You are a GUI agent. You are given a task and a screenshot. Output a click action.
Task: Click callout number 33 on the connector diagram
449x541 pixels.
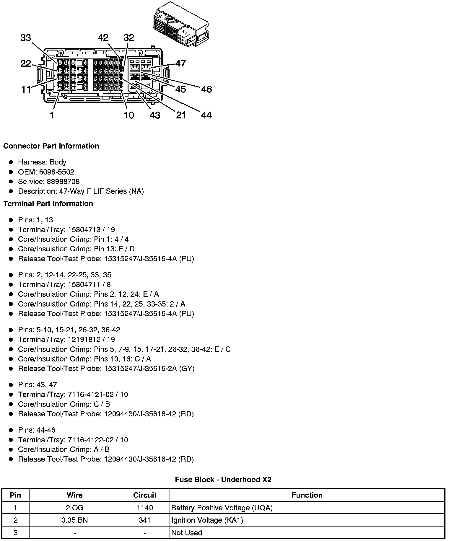tap(26, 38)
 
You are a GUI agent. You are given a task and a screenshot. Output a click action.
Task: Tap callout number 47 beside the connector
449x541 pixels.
tap(180, 63)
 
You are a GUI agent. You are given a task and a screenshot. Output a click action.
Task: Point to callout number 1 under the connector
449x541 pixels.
tap(52, 115)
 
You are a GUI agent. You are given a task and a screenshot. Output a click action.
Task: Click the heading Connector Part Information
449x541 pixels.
tap(51, 146)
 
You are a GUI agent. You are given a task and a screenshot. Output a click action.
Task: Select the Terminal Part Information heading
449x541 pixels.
tap(48, 203)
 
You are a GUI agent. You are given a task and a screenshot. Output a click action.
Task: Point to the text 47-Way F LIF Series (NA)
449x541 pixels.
tap(101, 191)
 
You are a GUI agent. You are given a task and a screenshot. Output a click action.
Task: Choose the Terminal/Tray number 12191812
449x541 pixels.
tap(82, 340)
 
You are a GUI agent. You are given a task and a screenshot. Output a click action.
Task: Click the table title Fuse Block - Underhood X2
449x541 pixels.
tap(223, 480)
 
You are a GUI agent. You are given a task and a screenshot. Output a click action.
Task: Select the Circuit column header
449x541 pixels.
tap(144, 495)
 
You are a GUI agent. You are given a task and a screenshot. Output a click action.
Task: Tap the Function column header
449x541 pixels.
tap(307, 495)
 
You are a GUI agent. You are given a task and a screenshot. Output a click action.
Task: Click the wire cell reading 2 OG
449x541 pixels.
tap(74, 508)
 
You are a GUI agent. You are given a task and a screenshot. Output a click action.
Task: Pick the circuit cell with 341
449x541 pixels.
tap(144, 520)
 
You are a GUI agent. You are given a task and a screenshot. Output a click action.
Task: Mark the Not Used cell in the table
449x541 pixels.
tap(187, 533)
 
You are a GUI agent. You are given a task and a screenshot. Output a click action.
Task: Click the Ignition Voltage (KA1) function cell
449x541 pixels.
tap(207, 520)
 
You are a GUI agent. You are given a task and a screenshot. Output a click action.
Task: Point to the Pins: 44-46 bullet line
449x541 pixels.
tap(37, 430)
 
